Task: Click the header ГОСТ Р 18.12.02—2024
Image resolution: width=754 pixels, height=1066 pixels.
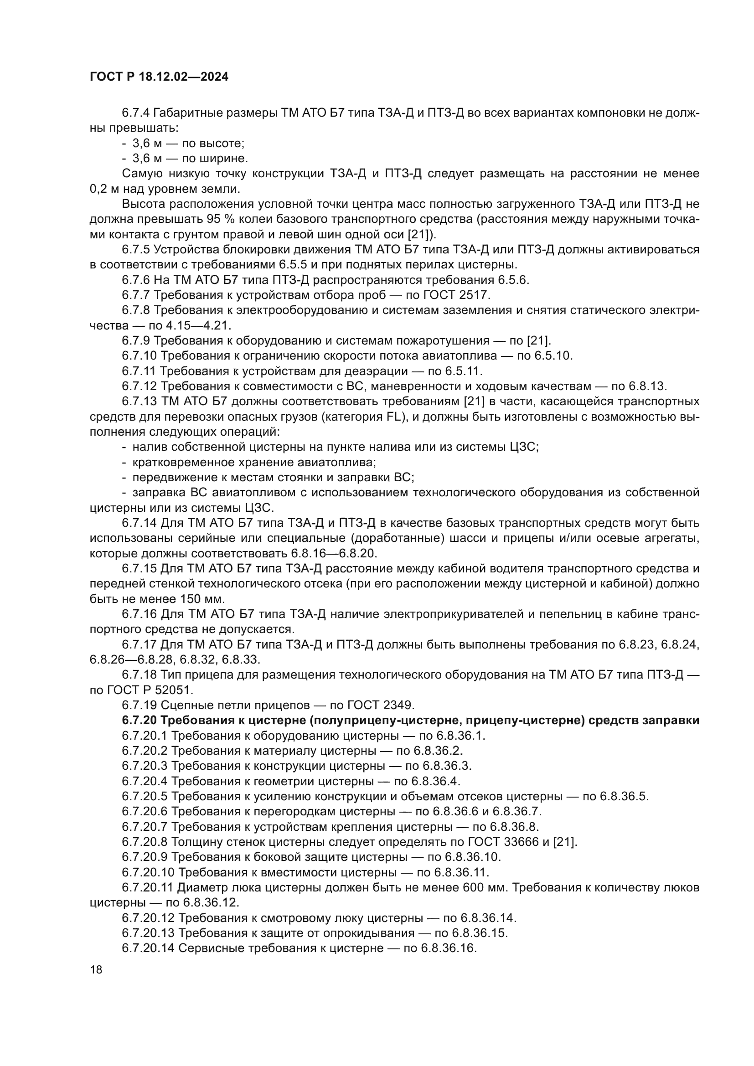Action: [159, 77]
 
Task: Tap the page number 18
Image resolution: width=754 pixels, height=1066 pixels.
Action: [96, 970]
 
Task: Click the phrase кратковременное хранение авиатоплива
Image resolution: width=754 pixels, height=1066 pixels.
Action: [254, 463]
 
